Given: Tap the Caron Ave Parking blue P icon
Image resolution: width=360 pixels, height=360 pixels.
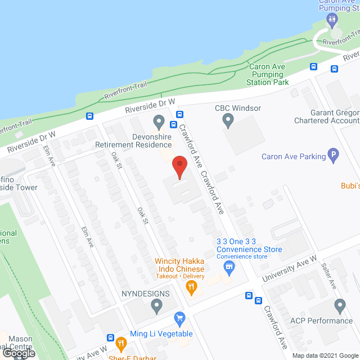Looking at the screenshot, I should click(x=334, y=156).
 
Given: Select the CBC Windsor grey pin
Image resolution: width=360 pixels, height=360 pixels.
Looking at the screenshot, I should click(x=228, y=120).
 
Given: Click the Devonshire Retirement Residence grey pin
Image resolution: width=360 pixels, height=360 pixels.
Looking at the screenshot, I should click(x=159, y=121).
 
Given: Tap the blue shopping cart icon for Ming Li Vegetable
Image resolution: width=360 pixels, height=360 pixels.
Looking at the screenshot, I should click(x=179, y=319).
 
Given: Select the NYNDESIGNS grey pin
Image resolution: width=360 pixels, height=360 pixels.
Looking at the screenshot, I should click(x=156, y=306).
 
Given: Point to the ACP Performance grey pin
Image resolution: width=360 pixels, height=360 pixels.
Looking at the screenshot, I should click(x=339, y=306).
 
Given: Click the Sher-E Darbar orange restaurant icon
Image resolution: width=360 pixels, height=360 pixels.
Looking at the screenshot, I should click(x=120, y=343).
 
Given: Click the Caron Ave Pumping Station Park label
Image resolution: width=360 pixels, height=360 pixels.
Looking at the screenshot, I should click(x=268, y=74).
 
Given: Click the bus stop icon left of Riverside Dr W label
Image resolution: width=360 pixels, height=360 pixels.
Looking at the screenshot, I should click(x=89, y=116).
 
